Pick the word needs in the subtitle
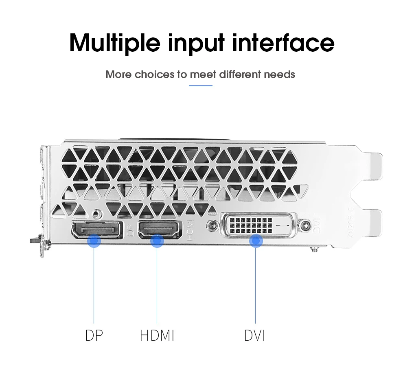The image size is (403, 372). point(279,75)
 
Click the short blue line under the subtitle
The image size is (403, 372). point(201,86)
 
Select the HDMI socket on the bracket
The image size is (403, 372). point(160,230)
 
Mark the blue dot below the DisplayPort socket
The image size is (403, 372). point(94,241)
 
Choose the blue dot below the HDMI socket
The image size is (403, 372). point(157,242)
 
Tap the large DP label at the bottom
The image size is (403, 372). point(94,335)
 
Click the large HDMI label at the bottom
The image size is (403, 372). point(157,336)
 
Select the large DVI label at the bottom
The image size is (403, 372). point(254,336)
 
